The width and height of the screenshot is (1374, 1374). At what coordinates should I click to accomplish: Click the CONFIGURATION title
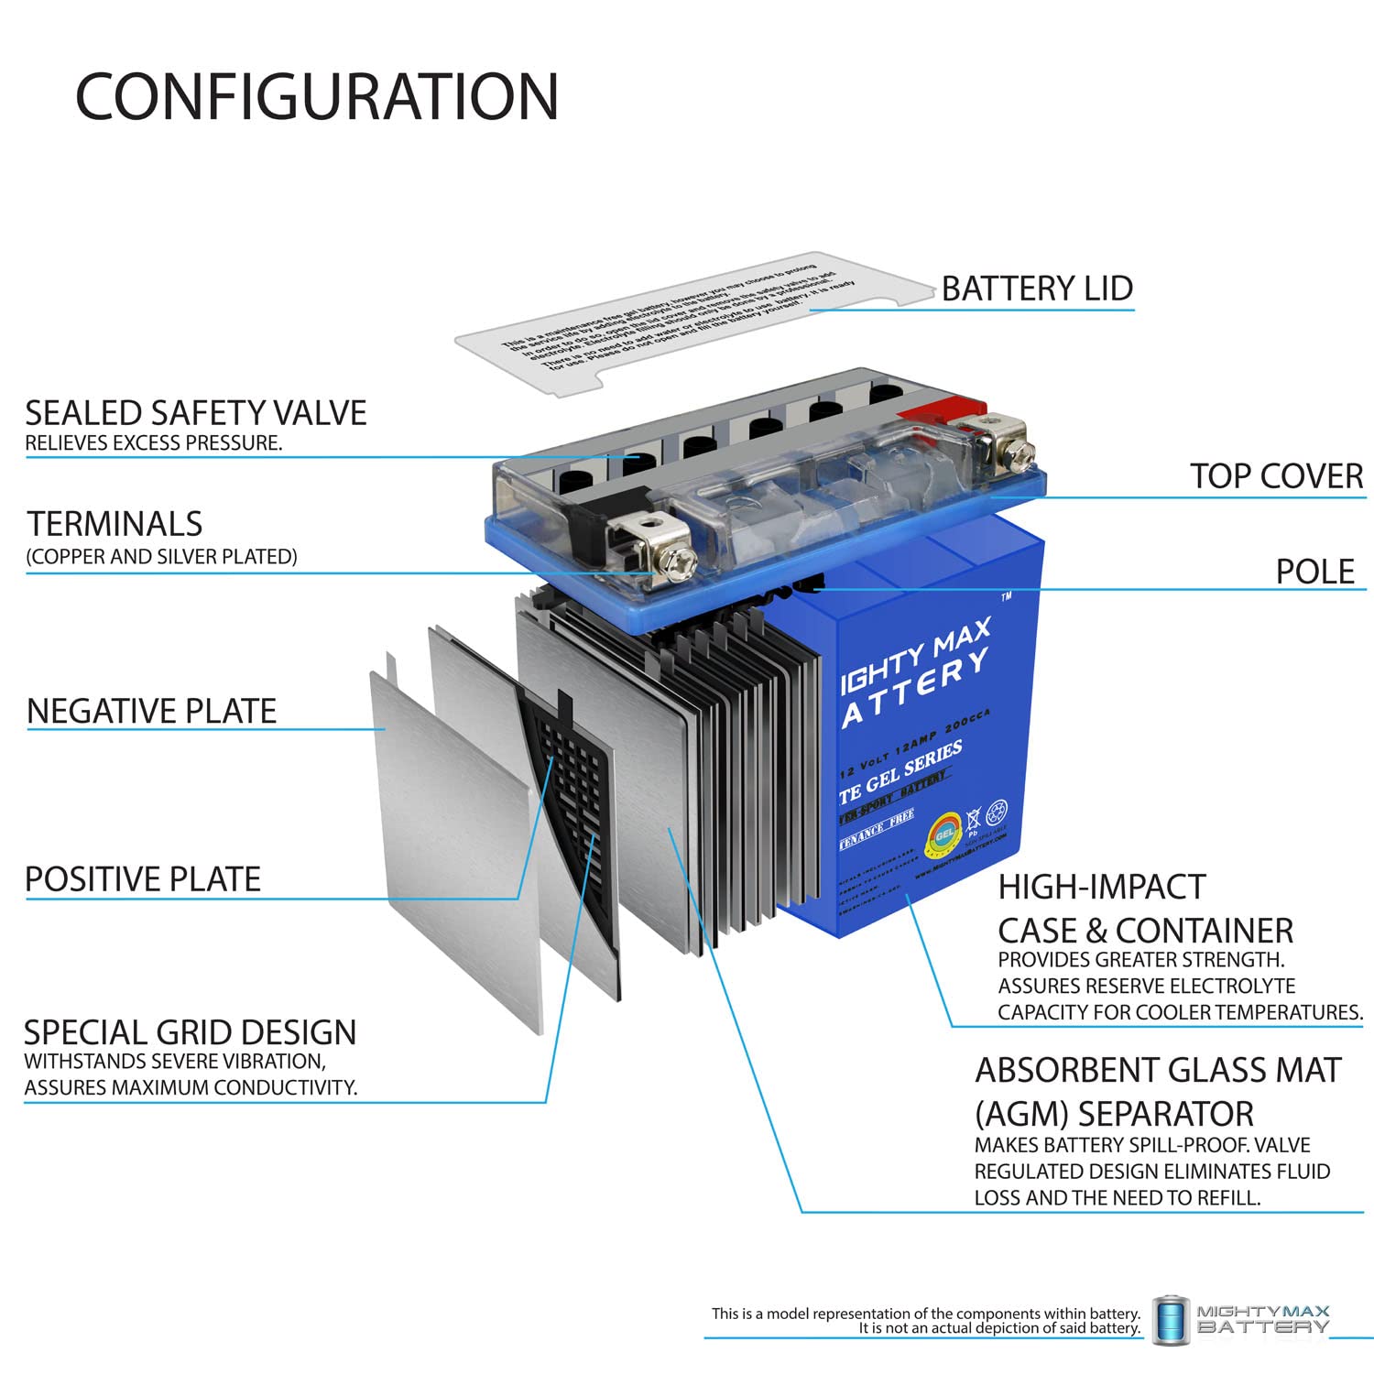click(x=316, y=97)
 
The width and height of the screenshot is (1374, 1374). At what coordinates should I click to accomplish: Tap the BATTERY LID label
click(x=1037, y=289)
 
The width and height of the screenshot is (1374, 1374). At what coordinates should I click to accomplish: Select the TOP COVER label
click(x=1276, y=476)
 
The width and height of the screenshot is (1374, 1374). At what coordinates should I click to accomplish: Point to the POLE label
click(x=1314, y=572)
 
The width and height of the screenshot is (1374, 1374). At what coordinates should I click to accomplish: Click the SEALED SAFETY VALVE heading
click(x=195, y=413)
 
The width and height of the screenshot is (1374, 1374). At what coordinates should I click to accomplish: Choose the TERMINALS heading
click(x=114, y=524)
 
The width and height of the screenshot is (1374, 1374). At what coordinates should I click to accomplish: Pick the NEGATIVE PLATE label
click(x=151, y=711)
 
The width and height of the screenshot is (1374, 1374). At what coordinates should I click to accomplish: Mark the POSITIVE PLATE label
click(x=143, y=879)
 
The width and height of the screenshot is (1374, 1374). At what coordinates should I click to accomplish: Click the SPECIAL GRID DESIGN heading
click(x=190, y=1032)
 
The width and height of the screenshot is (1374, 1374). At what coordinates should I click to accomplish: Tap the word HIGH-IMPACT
click(x=1101, y=887)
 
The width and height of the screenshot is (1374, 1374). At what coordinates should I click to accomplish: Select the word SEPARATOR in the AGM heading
click(x=1165, y=1114)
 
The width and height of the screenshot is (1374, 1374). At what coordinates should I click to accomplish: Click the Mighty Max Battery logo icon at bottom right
click(x=1172, y=1320)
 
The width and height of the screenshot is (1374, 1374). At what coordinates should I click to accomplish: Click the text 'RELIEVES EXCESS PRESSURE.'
click(x=153, y=443)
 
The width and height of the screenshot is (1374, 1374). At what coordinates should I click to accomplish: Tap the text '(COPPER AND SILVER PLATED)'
click(x=161, y=557)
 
